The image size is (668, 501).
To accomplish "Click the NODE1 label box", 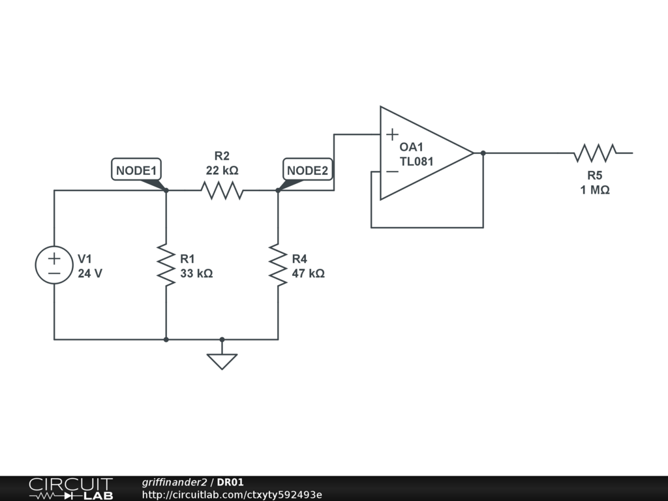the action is click(x=136, y=170).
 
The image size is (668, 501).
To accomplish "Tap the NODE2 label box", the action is click(x=308, y=170).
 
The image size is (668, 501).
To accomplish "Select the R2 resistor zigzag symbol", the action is click(x=222, y=190).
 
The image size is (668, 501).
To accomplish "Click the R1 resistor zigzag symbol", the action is click(x=166, y=265).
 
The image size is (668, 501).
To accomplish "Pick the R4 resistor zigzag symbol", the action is click(x=278, y=265).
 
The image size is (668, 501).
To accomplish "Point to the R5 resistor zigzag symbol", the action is click(x=595, y=153).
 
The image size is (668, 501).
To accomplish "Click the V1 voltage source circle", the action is click(x=54, y=265).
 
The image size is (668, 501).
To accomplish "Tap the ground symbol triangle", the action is click(x=222, y=361).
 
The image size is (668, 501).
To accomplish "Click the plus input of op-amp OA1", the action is click(x=392, y=134).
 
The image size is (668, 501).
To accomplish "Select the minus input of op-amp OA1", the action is click(x=392, y=172).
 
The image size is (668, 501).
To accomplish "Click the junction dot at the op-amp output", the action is click(x=483, y=153).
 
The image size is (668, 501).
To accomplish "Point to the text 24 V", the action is click(x=90, y=273).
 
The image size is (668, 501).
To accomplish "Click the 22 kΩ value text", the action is click(x=222, y=170).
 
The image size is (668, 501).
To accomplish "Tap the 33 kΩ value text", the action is click(x=196, y=273).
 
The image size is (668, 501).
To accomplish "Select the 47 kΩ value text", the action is click(x=309, y=273).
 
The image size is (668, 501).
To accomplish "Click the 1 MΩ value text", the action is click(x=595, y=190).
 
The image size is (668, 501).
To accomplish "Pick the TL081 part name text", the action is click(x=416, y=162).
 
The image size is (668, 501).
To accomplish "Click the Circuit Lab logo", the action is click(x=70, y=489).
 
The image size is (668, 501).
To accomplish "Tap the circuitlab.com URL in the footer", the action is click(x=232, y=494).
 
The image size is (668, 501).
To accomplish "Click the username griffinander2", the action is click(x=174, y=482).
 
